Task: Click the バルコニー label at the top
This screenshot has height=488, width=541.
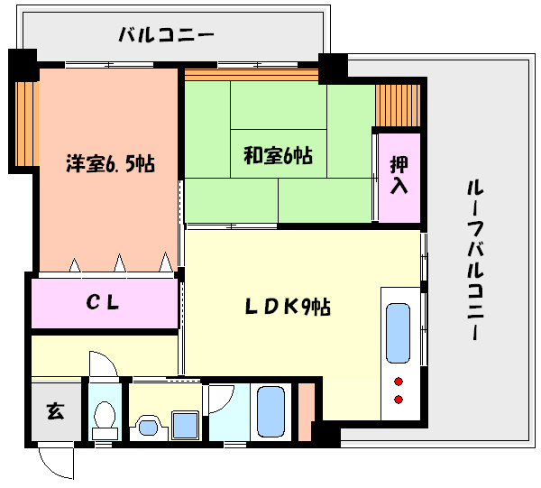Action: click(x=167, y=36)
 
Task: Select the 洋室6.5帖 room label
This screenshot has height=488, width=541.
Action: click(x=109, y=164)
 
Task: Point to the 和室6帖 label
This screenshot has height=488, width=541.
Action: click(x=278, y=155)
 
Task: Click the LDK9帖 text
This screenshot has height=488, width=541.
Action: click(x=288, y=307)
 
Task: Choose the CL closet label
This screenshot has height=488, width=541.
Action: click(x=103, y=303)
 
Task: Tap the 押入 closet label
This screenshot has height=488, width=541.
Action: click(x=399, y=176)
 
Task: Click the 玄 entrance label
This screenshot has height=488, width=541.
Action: click(x=55, y=412)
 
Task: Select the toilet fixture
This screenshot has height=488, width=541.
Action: click(x=105, y=418)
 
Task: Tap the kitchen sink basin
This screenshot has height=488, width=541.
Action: click(x=398, y=332)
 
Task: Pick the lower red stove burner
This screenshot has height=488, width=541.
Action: click(x=398, y=399)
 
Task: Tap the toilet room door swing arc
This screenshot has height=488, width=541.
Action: click(x=102, y=364)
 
